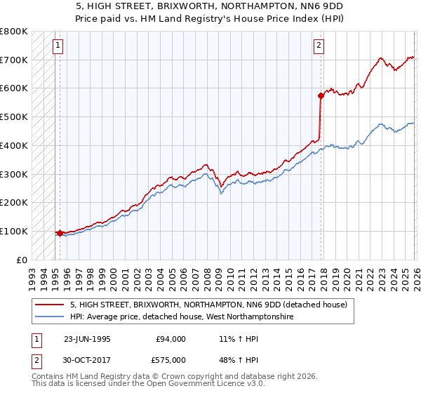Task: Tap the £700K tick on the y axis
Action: (x=14, y=60)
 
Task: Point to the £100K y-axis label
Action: (x=14, y=231)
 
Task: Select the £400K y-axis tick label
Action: (x=14, y=145)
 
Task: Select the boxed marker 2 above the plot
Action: (x=319, y=46)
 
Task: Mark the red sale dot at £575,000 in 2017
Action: (x=321, y=95)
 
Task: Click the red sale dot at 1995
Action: (x=60, y=232)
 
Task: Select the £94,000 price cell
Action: (x=171, y=339)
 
